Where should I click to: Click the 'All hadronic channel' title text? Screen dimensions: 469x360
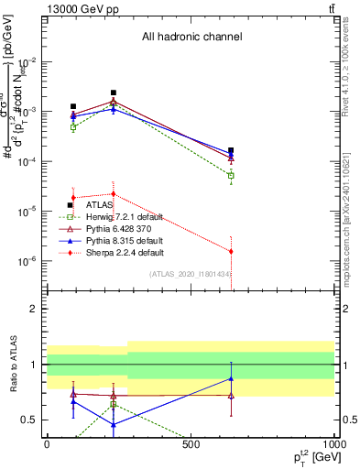coord(191,38)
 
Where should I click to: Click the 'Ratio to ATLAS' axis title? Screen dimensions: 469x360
coord(13,365)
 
